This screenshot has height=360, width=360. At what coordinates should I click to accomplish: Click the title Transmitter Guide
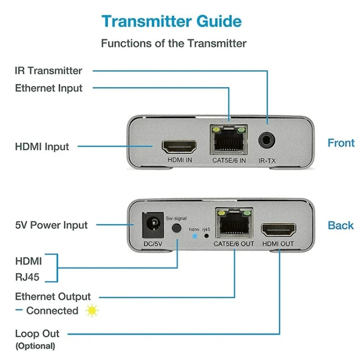(172, 22)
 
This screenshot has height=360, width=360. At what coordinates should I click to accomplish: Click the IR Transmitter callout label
(48, 71)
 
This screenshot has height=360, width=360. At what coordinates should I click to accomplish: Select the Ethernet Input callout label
(48, 88)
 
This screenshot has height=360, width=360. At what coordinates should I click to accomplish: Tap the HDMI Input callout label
(42, 146)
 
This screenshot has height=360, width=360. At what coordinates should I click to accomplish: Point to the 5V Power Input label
(51, 225)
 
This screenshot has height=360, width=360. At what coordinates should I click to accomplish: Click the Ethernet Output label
(53, 297)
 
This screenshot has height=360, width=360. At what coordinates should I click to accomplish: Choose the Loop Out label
(37, 334)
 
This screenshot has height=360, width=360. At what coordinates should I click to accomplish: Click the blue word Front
(341, 143)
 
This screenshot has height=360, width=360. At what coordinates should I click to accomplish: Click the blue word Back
(340, 225)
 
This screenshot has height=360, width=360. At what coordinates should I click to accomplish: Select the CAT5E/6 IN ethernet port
(229, 141)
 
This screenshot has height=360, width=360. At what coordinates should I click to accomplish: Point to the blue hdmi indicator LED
(194, 236)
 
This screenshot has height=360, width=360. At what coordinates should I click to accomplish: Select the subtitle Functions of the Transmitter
(173, 43)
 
